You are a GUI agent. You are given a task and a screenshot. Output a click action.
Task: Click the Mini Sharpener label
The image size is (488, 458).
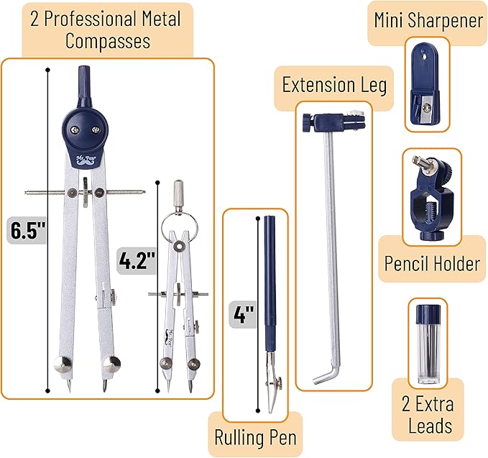coord(428,19)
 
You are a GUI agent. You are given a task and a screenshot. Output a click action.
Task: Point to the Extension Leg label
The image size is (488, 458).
coord(334,86)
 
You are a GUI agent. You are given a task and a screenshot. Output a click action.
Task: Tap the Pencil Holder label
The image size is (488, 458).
coord(431,262)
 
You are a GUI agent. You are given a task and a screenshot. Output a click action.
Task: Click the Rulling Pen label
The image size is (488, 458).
coord(255,436)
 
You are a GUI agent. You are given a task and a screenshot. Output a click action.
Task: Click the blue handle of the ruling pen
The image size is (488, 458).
coord(270,280)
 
